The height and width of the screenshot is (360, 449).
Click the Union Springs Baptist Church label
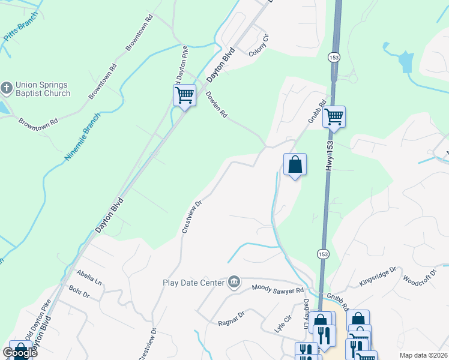[x=43, y=89]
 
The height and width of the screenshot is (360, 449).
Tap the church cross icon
[x=7, y=88]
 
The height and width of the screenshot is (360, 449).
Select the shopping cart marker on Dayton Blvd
[x=185, y=95]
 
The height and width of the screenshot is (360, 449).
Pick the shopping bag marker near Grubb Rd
[x=295, y=164]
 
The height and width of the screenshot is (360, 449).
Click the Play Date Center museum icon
[x=234, y=282]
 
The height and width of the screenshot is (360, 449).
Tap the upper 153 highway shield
[x=334, y=56]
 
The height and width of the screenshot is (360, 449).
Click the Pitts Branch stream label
[x=20, y=27]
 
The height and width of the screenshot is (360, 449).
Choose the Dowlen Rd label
[x=217, y=104]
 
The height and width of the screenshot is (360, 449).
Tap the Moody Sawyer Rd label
[x=278, y=290]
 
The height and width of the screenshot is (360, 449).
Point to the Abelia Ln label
[x=89, y=277]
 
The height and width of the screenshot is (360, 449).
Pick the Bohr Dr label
[x=79, y=295]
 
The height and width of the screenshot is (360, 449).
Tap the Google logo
[x=19, y=353]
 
